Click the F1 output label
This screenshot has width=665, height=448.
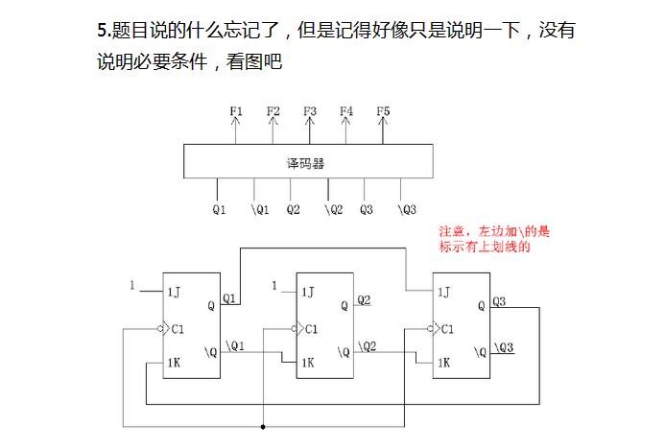[237, 111]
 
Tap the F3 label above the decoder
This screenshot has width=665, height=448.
[310, 111]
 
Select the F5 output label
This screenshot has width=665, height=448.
[383, 111]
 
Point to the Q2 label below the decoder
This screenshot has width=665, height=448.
[293, 209]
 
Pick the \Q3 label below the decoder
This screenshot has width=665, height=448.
[407, 209]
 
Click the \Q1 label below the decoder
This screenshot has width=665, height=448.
[260, 209]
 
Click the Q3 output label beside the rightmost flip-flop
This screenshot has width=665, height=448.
[499, 301]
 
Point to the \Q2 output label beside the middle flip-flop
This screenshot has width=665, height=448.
[367, 345]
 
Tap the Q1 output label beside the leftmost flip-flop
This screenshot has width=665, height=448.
[230, 298]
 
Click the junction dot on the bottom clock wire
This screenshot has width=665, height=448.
[263, 426]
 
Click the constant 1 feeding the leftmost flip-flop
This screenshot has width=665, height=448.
[131, 285]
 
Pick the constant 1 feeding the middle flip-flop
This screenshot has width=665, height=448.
[274, 285]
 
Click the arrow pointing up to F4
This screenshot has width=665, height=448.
[346, 128]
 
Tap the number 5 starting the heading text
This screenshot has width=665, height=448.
[102, 31]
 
